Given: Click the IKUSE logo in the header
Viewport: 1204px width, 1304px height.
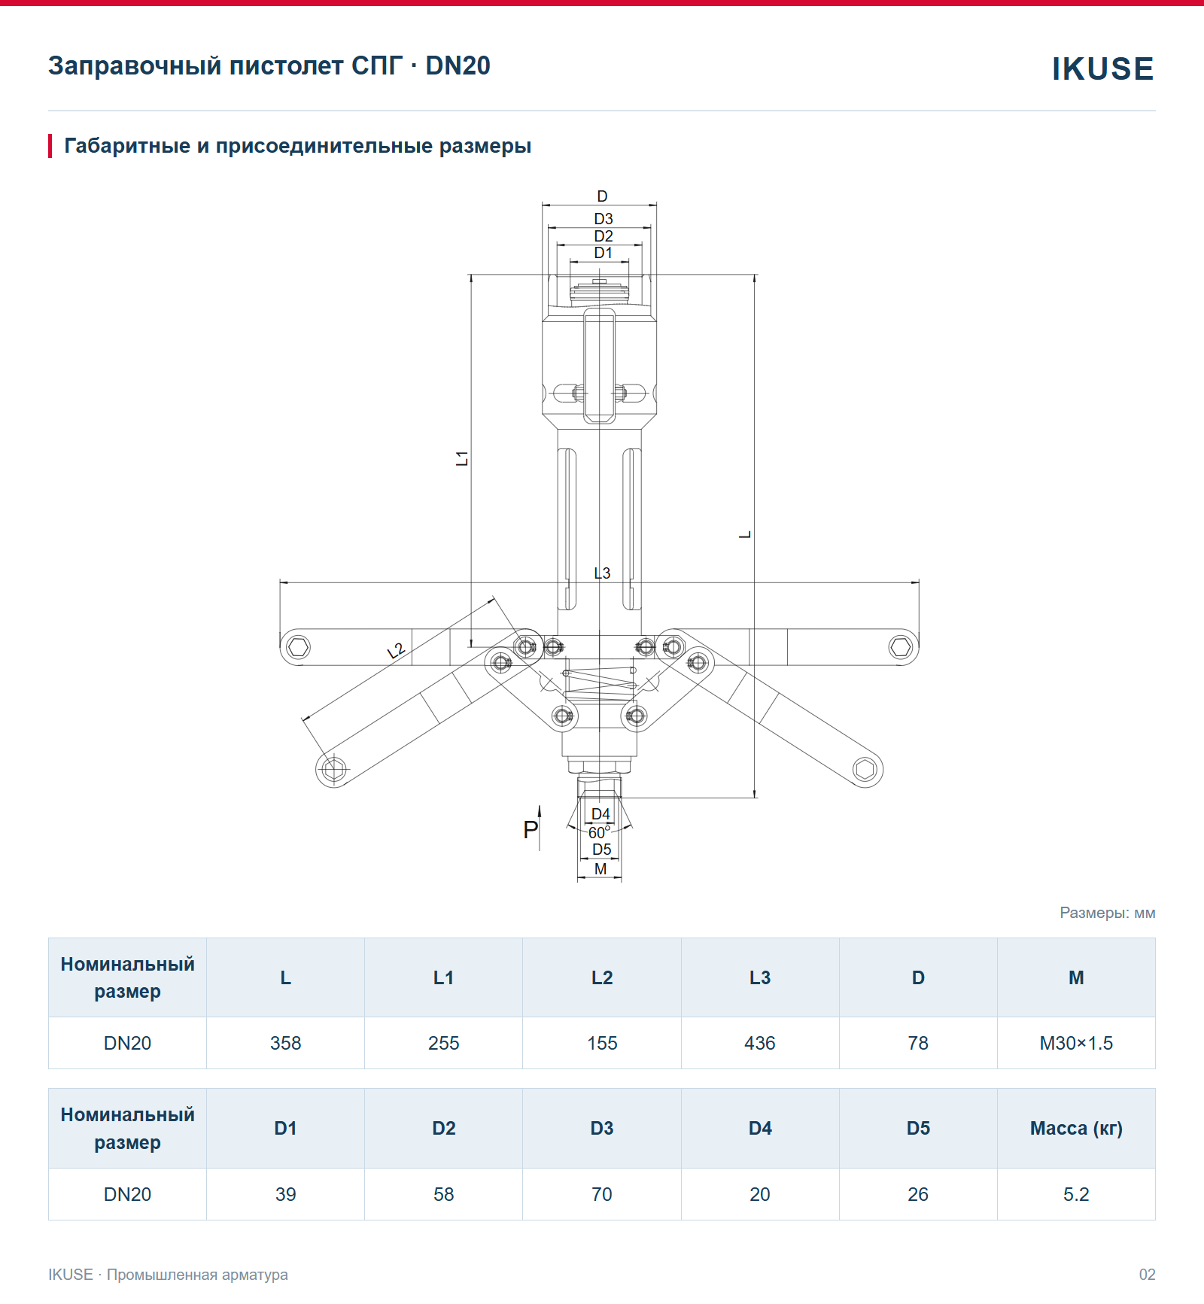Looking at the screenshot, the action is click(1102, 68).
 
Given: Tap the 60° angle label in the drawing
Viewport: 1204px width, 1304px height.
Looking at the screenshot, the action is click(599, 832).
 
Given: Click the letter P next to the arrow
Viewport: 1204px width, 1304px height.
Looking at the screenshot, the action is click(531, 830).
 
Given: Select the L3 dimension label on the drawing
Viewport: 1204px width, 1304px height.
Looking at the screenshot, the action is click(602, 573).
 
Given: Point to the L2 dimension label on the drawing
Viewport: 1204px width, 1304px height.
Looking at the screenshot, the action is click(396, 651).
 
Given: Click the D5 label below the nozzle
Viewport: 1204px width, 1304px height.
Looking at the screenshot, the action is click(601, 850).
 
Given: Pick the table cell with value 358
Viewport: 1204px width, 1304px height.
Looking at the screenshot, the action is click(285, 1043).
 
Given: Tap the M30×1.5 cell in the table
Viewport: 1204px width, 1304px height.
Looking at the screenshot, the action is click(1076, 1043).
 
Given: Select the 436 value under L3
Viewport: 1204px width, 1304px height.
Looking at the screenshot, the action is click(760, 1043).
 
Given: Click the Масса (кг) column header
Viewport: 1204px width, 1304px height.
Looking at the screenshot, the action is click(1076, 1128).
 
